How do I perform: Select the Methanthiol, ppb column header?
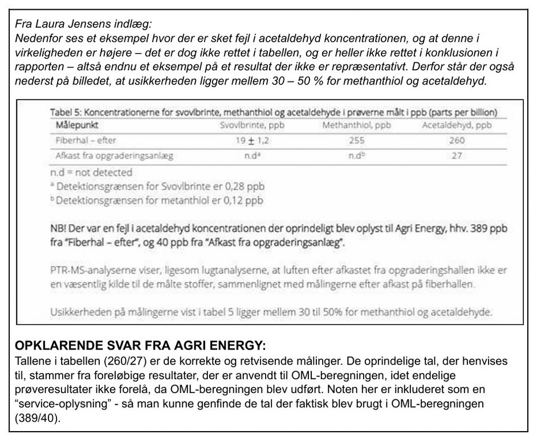(x=356, y=125)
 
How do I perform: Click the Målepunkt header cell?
(x=75, y=125)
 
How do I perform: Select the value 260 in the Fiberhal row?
(x=457, y=140)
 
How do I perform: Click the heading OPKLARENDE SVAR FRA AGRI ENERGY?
(x=140, y=346)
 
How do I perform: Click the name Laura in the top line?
(x=48, y=25)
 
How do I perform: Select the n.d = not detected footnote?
(x=91, y=172)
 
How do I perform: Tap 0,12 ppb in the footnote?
(x=239, y=200)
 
